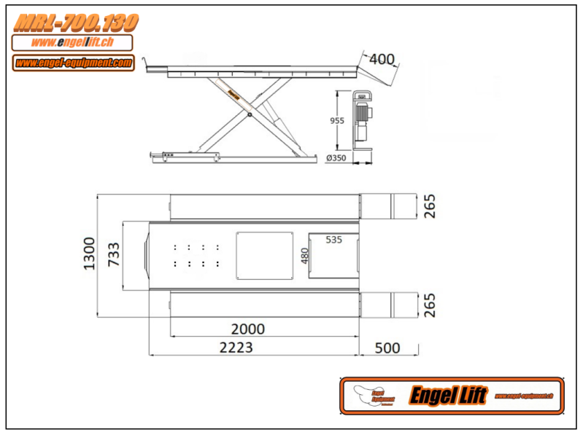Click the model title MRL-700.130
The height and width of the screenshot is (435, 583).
pos(76,23)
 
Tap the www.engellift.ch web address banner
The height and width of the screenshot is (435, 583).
pos(72,43)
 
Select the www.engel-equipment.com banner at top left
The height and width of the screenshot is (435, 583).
pos(73,63)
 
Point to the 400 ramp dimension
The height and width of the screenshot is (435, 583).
pos(382,58)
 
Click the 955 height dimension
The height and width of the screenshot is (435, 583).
pos(336,121)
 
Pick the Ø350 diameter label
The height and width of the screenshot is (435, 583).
pos(336,158)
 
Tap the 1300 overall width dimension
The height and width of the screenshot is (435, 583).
pos(89,254)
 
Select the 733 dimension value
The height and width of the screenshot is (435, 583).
pos(114,256)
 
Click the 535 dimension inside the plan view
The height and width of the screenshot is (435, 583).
pos(333,239)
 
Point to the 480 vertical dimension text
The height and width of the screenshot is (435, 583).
pos(305,256)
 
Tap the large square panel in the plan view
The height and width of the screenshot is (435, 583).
pos(264,254)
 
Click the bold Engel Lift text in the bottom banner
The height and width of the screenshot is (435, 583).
pos(447,396)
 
